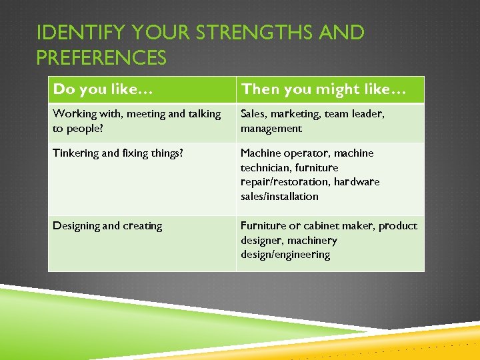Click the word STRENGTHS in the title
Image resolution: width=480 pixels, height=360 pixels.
coord(240,33)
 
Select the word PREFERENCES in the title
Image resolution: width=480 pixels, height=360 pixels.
coord(101,58)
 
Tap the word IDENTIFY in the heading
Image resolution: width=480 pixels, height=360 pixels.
coord(73,33)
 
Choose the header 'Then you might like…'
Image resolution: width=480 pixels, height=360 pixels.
coord(323,89)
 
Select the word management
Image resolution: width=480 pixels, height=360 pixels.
coord(271,129)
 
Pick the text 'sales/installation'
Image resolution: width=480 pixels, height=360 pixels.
coord(279,197)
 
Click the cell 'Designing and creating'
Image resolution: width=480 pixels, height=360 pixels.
coord(107,226)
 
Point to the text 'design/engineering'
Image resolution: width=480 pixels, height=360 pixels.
coord(285,255)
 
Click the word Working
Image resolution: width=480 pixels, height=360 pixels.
coord(74,114)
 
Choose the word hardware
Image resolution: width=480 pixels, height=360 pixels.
coord(357,182)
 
